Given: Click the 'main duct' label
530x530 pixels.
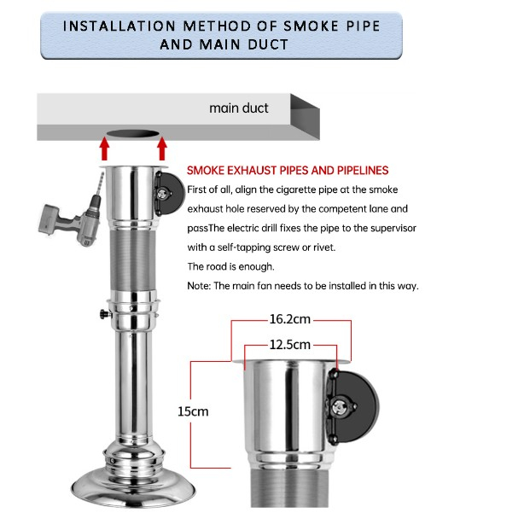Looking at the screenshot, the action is pyautogui.click(x=239, y=108).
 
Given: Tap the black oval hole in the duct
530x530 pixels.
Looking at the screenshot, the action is pyautogui.click(x=133, y=134).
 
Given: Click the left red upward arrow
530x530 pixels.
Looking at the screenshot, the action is pyautogui.click(x=105, y=149).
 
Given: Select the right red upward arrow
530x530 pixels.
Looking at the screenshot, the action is pyautogui.click(x=162, y=149).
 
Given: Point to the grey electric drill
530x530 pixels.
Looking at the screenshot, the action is pyautogui.click(x=73, y=213).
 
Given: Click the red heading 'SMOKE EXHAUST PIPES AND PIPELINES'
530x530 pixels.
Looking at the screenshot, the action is pyautogui.click(x=288, y=171).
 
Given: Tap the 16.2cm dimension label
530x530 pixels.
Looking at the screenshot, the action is pyautogui.click(x=289, y=319).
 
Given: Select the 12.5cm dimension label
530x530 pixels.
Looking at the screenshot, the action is pyautogui.click(x=289, y=345).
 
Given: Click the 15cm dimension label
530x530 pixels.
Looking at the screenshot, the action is pyautogui.click(x=193, y=411).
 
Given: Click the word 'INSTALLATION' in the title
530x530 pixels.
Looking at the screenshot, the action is pyautogui.click(x=119, y=26).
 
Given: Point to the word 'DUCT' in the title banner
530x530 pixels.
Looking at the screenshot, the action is pyautogui.click(x=268, y=44).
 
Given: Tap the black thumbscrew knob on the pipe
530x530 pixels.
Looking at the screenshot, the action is pyautogui.click(x=106, y=314).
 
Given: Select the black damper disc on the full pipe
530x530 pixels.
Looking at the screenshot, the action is pyautogui.click(x=172, y=194).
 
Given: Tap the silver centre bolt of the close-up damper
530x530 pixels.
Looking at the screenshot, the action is pyautogui.click(x=338, y=407).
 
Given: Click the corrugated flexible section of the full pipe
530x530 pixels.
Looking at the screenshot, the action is pyautogui.click(x=133, y=259).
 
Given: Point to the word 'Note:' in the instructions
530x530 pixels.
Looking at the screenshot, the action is pyautogui.click(x=199, y=286).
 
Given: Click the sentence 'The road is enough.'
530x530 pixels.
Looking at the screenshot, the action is pyautogui.click(x=230, y=266).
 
